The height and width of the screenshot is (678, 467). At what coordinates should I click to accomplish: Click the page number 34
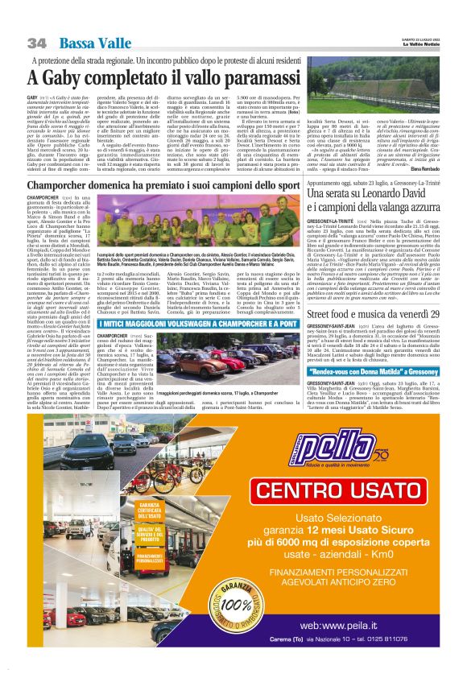coord(37,42)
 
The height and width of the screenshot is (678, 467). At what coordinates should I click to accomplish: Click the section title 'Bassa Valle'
coord(85,42)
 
